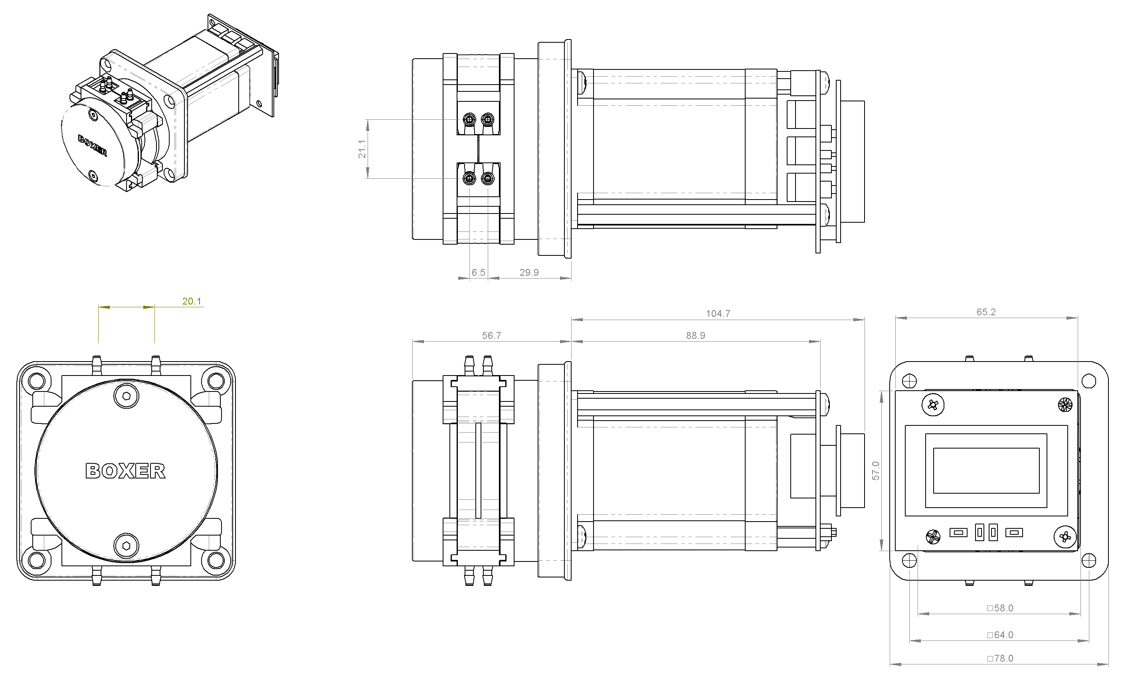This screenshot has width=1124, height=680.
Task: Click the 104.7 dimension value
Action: point(718,314)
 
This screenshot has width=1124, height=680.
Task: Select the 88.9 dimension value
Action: point(696,336)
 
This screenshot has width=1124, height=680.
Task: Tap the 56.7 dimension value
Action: point(492,336)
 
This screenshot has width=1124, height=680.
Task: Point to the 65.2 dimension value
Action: point(986,312)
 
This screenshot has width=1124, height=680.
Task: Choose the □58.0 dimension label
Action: point(1000,608)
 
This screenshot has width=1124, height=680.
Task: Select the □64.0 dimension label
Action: point(1000,635)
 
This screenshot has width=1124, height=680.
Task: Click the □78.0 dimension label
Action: point(1000,658)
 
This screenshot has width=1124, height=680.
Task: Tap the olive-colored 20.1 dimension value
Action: point(192,301)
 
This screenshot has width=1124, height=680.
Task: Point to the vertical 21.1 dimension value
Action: point(362,149)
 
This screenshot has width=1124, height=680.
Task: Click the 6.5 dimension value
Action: point(479,272)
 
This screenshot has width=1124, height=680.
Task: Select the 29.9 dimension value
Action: point(529,272)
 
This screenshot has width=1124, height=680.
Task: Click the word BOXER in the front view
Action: point(125,471)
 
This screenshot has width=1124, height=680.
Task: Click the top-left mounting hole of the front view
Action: point(36,380)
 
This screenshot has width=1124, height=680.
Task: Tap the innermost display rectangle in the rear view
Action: point(986,470)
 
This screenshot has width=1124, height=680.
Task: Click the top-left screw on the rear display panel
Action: point(933,405)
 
